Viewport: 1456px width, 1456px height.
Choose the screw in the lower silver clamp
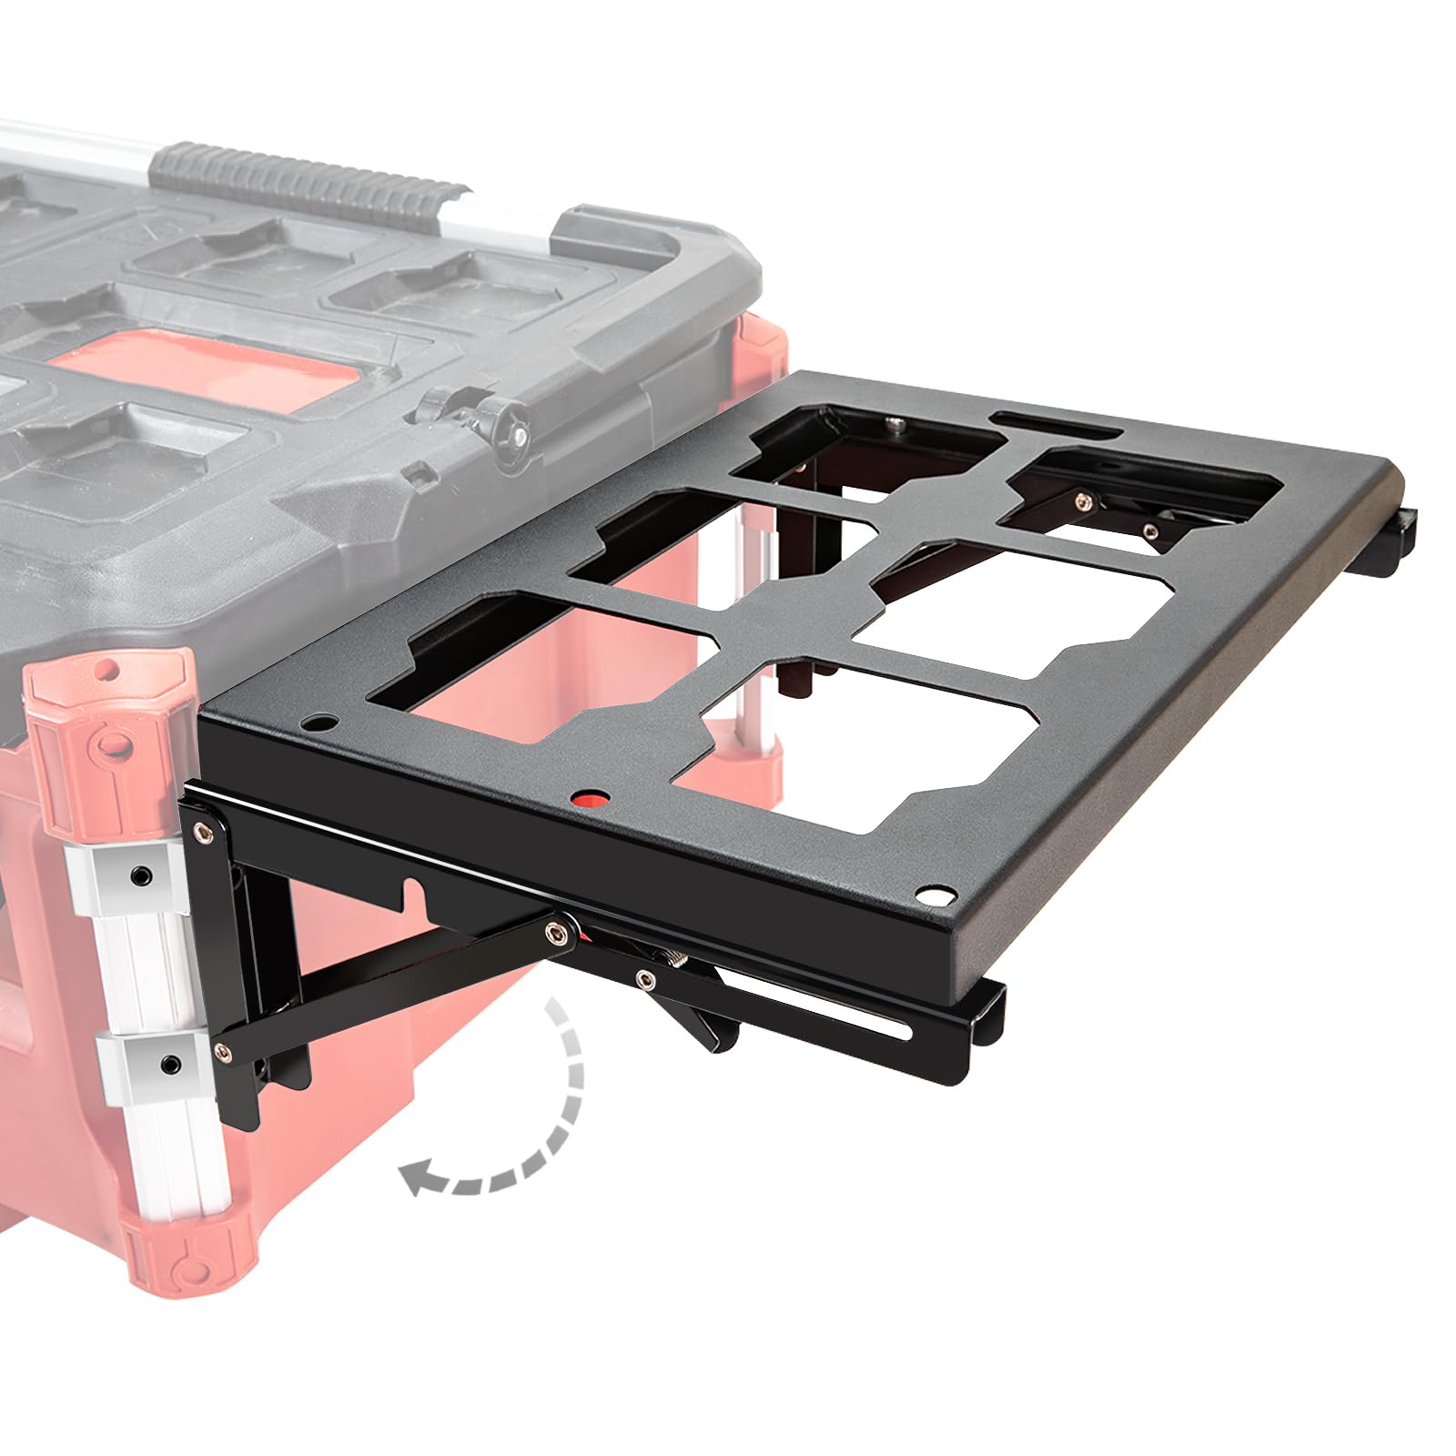(169, 1064)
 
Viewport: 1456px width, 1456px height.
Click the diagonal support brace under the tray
(382, 992)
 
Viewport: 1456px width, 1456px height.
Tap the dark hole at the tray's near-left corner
(318, 724)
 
